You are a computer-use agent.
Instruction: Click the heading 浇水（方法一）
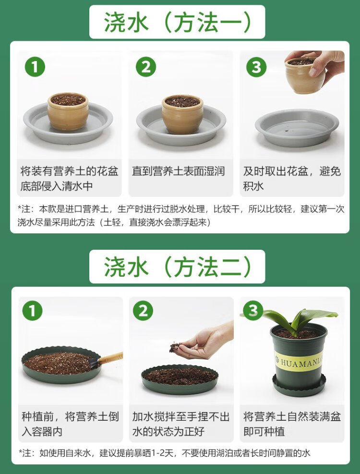pos(178,22)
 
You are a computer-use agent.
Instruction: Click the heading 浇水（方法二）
pos(178,267)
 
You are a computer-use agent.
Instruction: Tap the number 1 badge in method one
pos(35,67)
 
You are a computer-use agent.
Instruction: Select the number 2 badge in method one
pos(146,67)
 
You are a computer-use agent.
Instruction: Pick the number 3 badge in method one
pos(256,67)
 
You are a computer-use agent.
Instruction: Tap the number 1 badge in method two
pos(32,311)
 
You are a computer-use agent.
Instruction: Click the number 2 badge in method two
pos(143,311)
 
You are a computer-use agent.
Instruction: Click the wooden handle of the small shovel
pos(110,358)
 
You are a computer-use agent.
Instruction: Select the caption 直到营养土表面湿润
pos(179,171)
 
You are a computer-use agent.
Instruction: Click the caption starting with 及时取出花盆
pos(292,179)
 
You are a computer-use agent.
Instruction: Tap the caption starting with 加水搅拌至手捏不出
pos(181,424)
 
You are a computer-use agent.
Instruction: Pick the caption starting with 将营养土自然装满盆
pos(292,424)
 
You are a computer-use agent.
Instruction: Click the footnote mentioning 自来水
pos(165,453)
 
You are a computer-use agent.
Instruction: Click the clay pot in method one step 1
pos(68,111)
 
